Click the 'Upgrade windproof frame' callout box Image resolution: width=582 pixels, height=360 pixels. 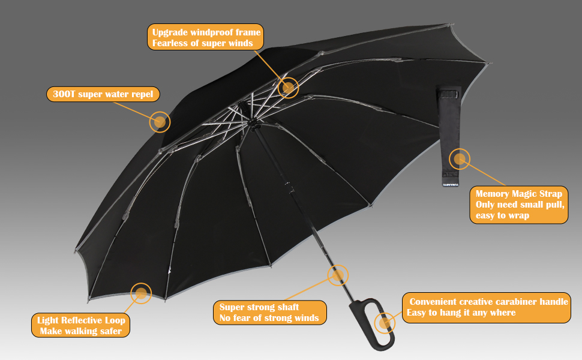tap(206, 37)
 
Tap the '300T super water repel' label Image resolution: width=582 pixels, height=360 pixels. tap(103, 94)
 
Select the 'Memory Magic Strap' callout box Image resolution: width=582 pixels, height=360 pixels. tap(518, 204)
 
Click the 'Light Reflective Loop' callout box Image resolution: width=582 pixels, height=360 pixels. tap(80, 325)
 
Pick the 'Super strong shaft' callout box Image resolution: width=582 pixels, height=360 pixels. tap(269, 313)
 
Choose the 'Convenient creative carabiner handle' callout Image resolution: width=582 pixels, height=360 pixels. tap(485, 307)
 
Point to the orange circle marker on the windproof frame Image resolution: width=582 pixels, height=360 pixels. tap(289, 88)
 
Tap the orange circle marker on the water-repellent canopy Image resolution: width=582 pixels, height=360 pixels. tap(160, 122)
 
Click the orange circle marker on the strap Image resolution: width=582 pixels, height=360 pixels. tap(460, 159)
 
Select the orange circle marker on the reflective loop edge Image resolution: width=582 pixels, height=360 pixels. tap(141, 293)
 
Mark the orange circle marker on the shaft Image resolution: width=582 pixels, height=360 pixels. tap(338, 275)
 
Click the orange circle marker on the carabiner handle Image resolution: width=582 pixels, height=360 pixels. tap(385, 323)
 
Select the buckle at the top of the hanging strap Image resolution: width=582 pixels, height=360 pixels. tap(449, 94)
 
